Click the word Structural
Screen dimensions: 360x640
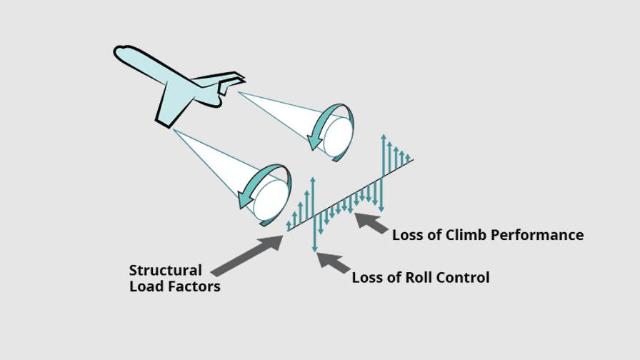(165, 271)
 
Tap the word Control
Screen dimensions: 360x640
(461, 278)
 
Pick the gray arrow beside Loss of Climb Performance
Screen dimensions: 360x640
(371, 223)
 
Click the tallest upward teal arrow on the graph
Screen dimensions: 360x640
(384, 153)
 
